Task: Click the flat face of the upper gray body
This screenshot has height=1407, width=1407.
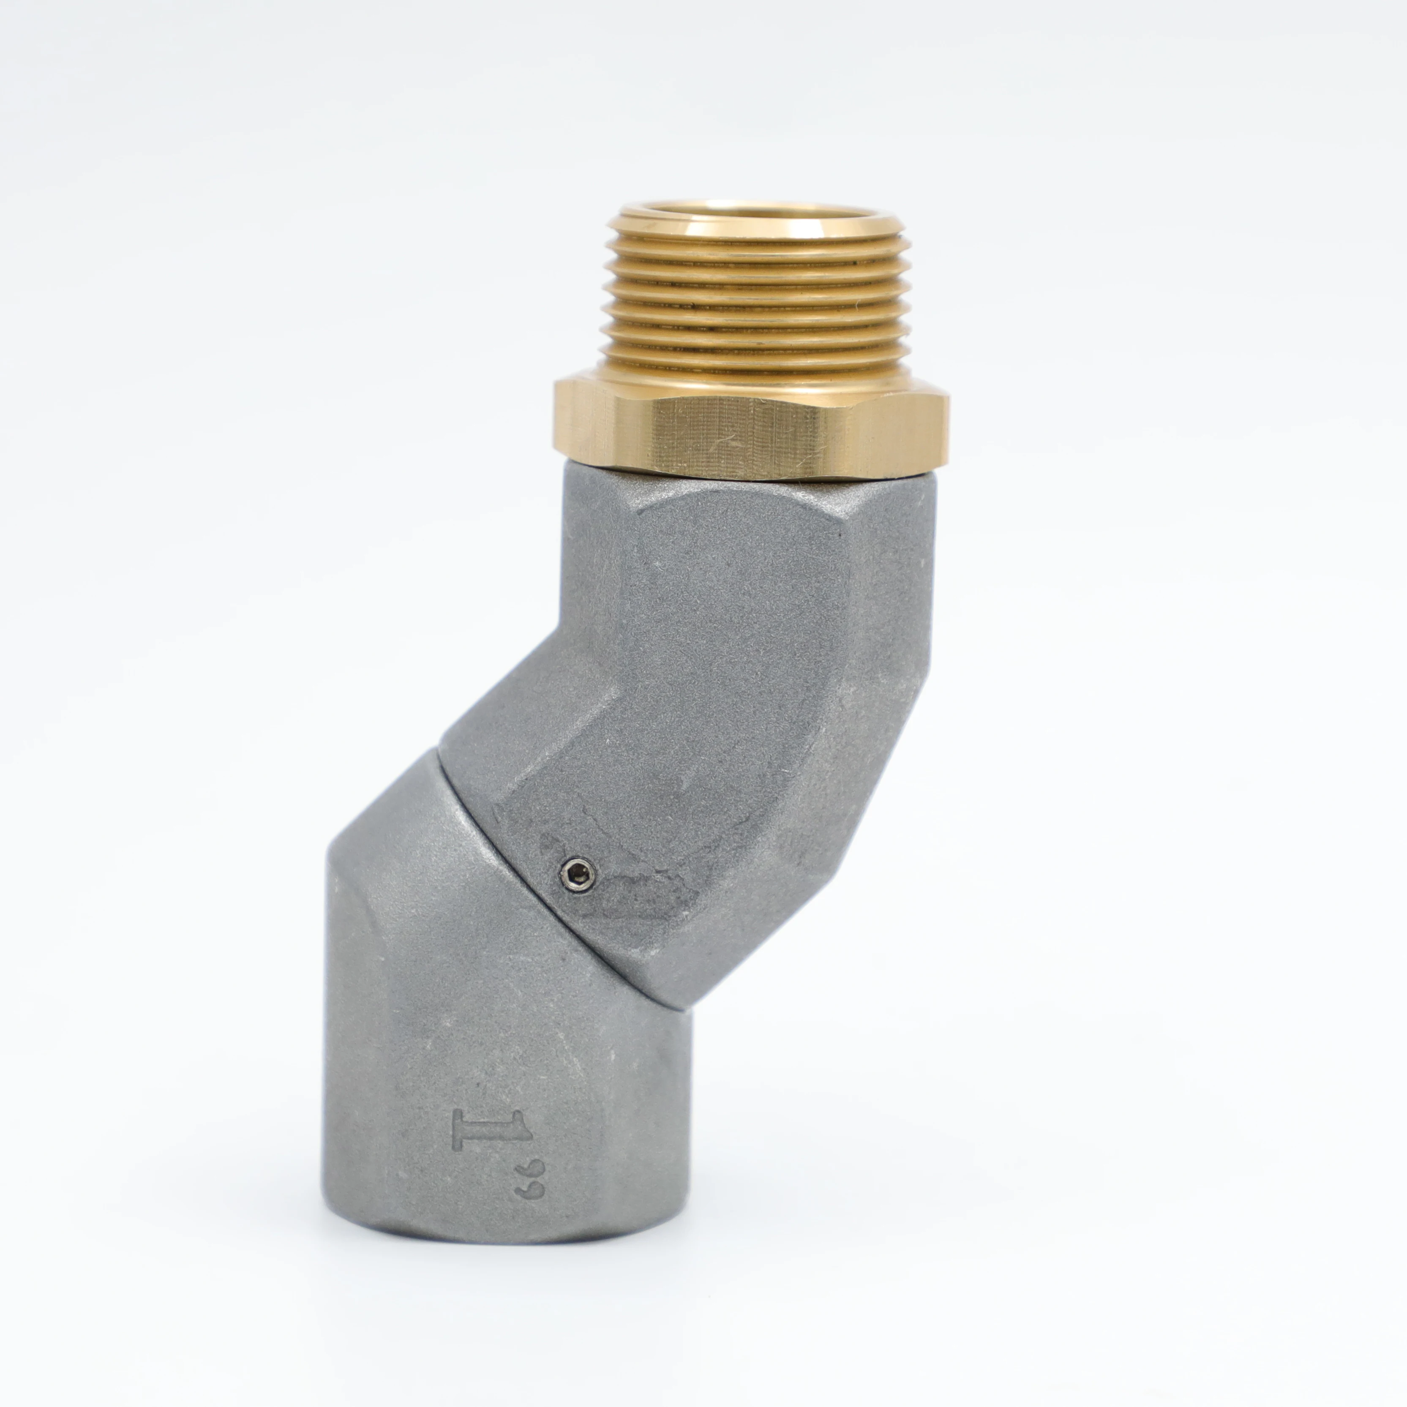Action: tap(736, 655)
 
